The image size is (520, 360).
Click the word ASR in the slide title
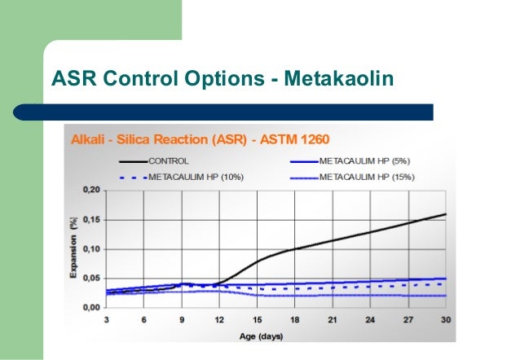(73, 79)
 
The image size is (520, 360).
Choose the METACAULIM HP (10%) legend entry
(195, 176)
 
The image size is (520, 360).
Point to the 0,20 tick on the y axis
(90, 190)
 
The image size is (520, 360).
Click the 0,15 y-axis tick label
(90, 219)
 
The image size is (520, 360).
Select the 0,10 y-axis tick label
(90, 248)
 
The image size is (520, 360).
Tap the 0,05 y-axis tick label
(90, 278)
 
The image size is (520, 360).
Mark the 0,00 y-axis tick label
(90, 307)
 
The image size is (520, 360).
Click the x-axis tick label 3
(107, 320)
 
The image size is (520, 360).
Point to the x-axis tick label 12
(218, 320)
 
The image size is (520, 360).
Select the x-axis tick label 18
(294, 320)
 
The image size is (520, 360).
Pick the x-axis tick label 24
(370, 320)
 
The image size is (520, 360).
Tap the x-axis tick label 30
(445, 320)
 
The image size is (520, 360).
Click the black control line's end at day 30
(445, 214)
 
